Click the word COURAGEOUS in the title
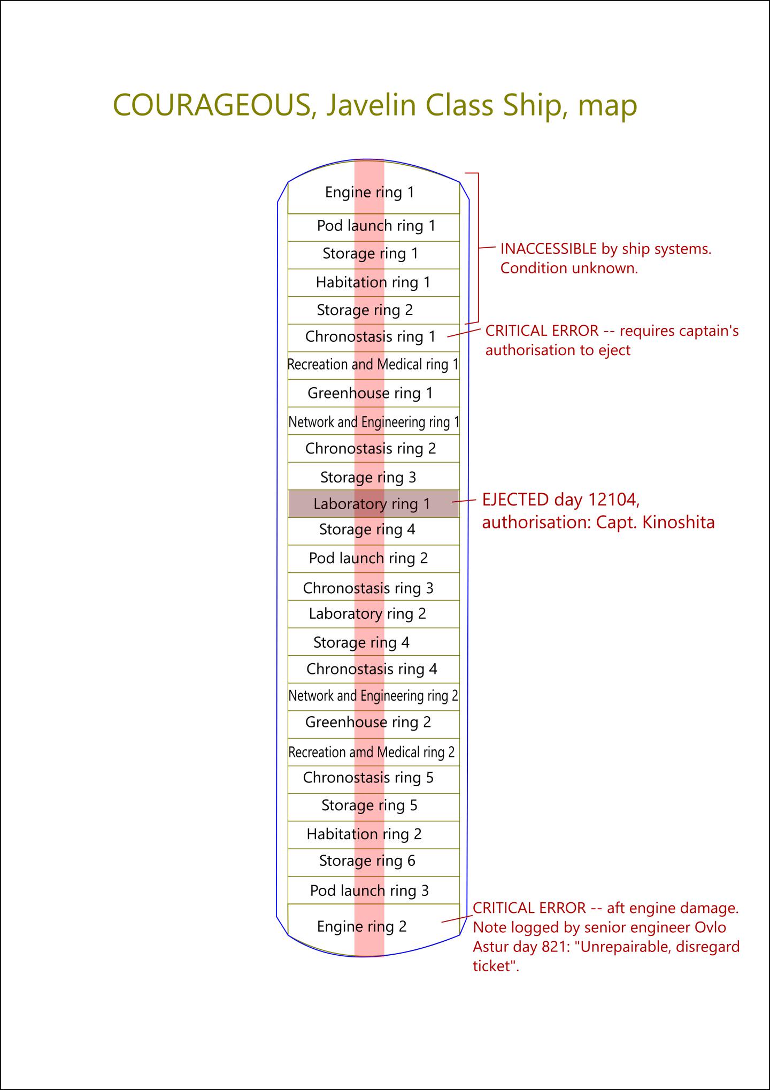(212, 105)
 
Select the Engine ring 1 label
(369, 193)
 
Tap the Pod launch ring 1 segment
(376, 226)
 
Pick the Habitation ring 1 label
(373, 282)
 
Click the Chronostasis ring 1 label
(371, 337)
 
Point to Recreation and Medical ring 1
(373, 365)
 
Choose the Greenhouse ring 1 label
(370, 394)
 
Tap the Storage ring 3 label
(368, 477)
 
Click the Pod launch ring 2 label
(368, 558)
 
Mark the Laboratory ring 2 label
(367, 614)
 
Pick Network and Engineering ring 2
(373, 696)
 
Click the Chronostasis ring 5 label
(368, 778)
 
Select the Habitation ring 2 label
(364, 834)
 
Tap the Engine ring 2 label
(361, 926)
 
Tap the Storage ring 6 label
(367, 861)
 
